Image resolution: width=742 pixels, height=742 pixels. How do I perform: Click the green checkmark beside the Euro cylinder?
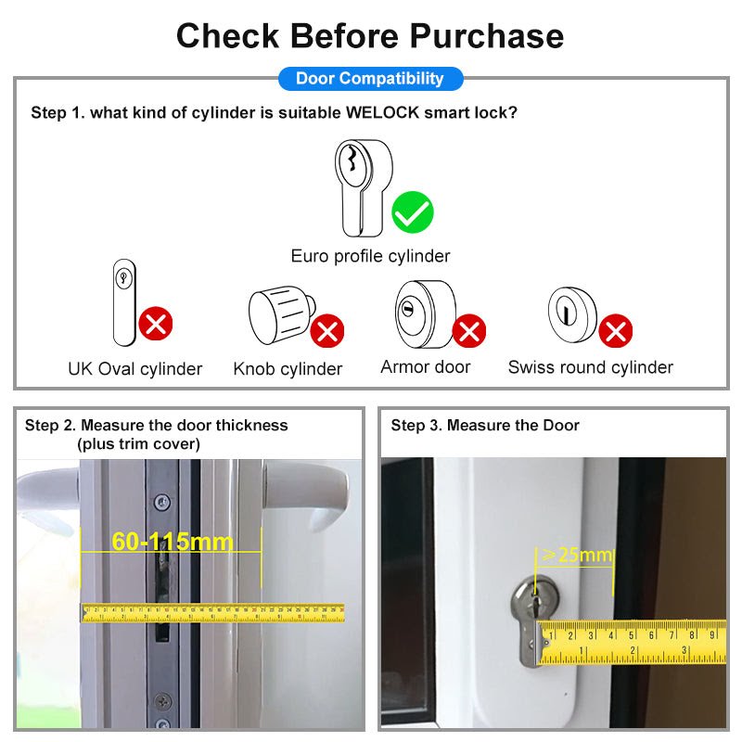pos(412,212)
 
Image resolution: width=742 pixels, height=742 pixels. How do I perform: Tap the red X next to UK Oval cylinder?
pos(155,323)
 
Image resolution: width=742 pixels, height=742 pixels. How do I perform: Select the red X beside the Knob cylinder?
pos(327,330)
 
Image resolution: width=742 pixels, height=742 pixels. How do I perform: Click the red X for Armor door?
pos(469,330)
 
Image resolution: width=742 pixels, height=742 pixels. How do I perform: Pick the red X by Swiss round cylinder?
pos(615,330)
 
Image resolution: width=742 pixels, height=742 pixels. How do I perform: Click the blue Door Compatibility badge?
pos(370,79)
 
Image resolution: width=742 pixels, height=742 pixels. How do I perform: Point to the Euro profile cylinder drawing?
pos(364,188)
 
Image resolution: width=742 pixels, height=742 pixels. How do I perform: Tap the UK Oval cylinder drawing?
pos(124,302)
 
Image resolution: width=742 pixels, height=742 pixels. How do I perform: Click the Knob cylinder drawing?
pos(282,314)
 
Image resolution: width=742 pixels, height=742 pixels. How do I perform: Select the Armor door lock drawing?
pos(426,313)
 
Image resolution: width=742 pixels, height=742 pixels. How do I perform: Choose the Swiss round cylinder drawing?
pos(572,313)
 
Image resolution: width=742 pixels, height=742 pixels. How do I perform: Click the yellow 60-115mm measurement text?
pos(173,542)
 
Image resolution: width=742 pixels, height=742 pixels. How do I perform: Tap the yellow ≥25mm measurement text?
pos(577,555)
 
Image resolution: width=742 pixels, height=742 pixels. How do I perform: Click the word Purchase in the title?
pos(486,36)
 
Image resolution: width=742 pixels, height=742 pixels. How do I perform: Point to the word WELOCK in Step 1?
pos(382,112)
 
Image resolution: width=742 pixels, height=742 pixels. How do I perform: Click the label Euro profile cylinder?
pos(370,256)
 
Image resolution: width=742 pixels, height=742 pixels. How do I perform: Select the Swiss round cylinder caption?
pos(591,367)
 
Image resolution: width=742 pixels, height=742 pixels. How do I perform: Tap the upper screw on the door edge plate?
pos(162,502)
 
